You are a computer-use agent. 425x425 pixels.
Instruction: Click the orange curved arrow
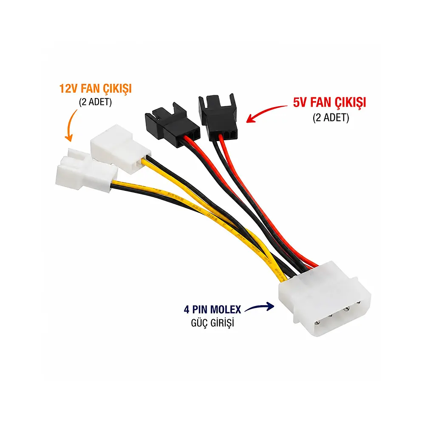pos(70,125)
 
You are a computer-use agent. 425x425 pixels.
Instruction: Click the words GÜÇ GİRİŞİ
pos(212,323)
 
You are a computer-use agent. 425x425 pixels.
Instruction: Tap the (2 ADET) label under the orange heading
pos(95,102)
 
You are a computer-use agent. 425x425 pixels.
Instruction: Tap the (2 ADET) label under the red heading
pos(331,118)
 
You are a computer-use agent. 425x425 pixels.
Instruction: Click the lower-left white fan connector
pos(86,170)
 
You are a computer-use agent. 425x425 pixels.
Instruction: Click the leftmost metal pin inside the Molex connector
pos(317,323)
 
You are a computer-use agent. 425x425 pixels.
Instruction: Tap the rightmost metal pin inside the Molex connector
pos(358,303)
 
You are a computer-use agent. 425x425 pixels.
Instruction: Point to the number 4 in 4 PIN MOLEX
pos(187,309)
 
